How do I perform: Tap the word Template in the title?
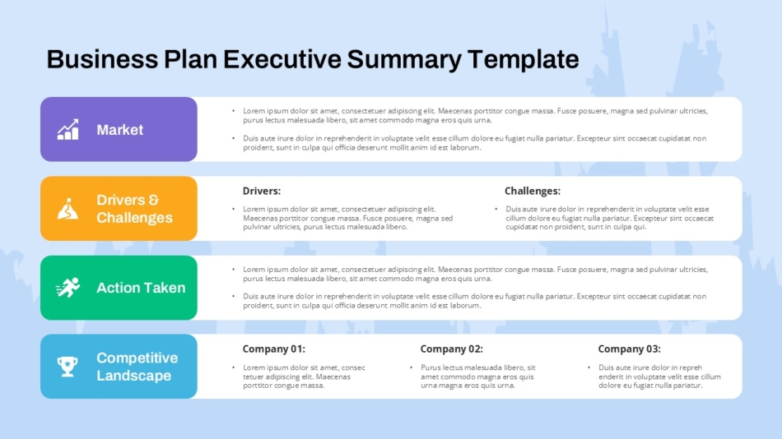point(524,59)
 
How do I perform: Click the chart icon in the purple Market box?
point(68,129)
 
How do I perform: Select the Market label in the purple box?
point(119,130)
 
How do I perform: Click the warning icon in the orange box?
point(67,209)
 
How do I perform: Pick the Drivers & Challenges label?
point(134,209)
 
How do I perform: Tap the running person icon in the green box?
point(67,288)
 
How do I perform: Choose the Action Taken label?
point(141,288)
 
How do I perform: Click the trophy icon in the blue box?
point(67,367)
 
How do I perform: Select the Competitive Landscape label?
point(137,367)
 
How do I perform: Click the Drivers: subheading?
point(261,191)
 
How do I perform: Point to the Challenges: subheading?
point(532,191)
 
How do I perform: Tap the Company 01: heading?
point(273,349)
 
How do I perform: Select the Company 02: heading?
point(451,349)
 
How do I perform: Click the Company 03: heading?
point(629,349)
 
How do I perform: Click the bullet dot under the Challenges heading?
point(496,209)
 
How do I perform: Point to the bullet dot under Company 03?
point(589,367)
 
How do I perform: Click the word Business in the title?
point(102,59)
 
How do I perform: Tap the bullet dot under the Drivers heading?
point(234,209)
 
